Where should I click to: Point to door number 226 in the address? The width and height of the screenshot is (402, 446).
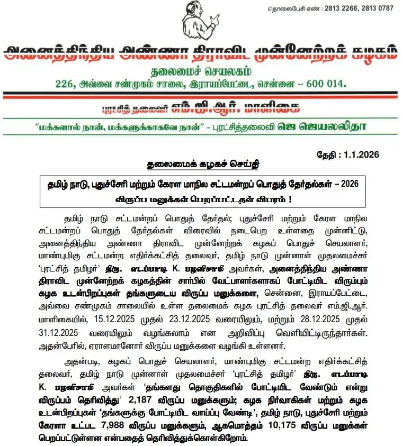click(65, 83)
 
